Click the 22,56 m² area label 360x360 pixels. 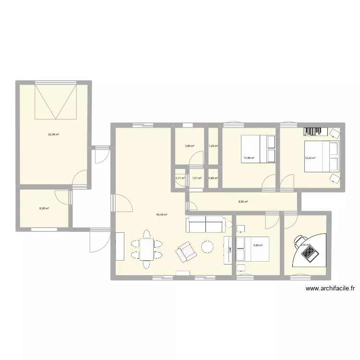pyautogui.click(x=53, y=134)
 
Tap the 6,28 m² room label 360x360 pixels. pyautogui.click(x=44, y=208)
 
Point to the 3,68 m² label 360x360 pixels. pyautogui.click(x=190, y=146)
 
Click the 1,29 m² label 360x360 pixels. pyautogui.click(x=213, y=146)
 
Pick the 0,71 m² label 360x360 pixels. pyautogui.click(x=180, y=178)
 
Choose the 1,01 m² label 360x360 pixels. pyautogui.click(x=196, y=178)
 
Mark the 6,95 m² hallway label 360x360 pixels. pyautogui.click(x=243, y=202)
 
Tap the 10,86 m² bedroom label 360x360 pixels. pyautogui.click(x=249, y=157)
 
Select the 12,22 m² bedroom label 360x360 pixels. pyautogui.click(x=310, y=157)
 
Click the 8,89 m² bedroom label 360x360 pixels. pyautogui.click(x=257, y=245)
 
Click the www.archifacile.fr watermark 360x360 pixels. pyautogui.click(x=330, y=288)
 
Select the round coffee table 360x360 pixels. pyautogui.click(x=207, y=247)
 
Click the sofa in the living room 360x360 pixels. pyautogui.click(x=205, y=224)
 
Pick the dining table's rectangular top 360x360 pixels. pyautogui.click(x=146, y=248)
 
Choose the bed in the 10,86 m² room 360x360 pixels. pyautogui.click(x=258, y=148)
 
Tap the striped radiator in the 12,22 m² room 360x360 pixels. pyautogui.click(x=315, y=131)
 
